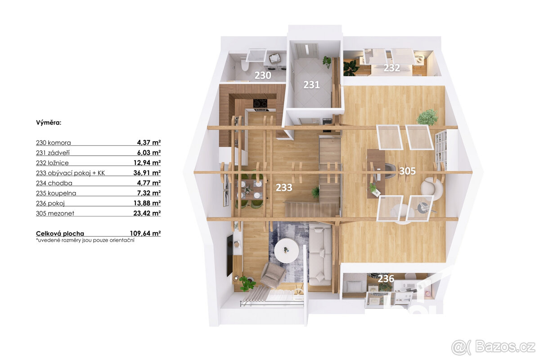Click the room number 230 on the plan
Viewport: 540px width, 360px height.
[263, 76]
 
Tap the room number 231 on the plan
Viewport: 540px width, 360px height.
[311, 85]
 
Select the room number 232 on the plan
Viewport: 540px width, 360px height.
[392, 68]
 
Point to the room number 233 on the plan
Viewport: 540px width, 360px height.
[284, 188]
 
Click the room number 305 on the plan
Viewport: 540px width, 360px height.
[407, 171]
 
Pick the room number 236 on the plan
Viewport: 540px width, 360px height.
[386, 279]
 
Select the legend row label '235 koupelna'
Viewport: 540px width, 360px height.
[56, 193]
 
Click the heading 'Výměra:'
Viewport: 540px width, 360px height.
[49, 122]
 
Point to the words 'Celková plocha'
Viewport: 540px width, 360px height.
[60, 234]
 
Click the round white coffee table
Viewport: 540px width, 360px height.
[286, 250]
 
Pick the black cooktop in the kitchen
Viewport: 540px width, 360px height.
[260, 104]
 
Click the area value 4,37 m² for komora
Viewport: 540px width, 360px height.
[149, 143]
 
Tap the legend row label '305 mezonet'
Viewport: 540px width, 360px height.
[55, 213]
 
